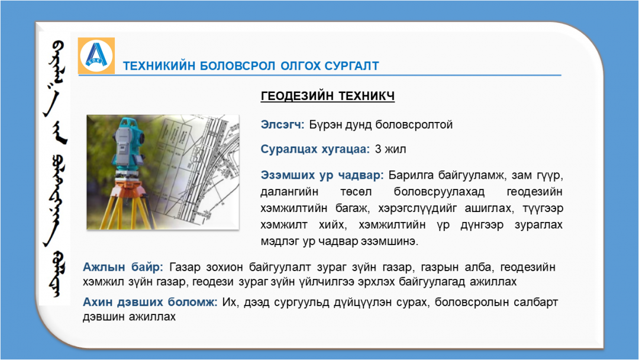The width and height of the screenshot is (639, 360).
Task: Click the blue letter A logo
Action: click(96, 56)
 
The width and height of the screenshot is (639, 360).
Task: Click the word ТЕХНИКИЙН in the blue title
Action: click(159, 66)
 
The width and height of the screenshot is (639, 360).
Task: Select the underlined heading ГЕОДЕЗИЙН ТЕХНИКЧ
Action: click(328, 96)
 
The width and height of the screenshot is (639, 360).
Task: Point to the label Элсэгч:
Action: click(282, 124)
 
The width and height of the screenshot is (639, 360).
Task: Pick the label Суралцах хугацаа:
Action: click(315, 149)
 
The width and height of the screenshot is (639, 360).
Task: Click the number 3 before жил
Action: click(378, 149)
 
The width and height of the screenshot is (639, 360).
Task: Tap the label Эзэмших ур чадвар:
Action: click(322, 175)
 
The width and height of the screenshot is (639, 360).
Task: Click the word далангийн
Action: click(289, 192)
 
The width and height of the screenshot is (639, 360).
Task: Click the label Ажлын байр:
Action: click(122, 267)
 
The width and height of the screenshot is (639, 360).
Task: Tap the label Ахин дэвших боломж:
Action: click(150, 302)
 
